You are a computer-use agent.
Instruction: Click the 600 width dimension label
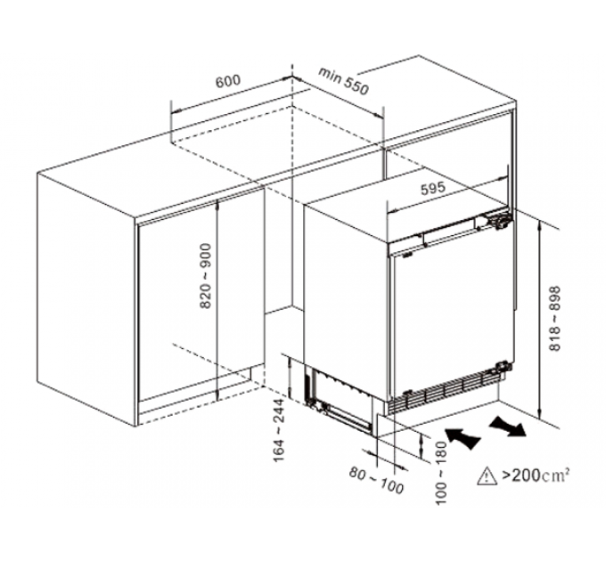point(228,81)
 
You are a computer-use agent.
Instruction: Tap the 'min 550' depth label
point(343,81)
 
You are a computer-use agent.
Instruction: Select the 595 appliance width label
point(433,189)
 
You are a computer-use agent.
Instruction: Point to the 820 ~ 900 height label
point(206,276)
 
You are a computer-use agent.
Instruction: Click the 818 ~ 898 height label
point(554,319)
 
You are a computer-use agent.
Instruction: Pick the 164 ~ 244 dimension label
point(279,430)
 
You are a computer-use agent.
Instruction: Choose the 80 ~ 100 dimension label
point(376,480)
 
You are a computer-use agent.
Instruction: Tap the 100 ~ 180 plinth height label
point(441,473)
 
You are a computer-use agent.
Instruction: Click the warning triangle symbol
point(487,476)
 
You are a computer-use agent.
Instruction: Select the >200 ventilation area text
point(520,476)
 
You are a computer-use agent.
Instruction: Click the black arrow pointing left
point(463,438)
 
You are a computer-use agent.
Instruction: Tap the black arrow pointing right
point(508,426)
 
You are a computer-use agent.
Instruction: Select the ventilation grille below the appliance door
point(445,393)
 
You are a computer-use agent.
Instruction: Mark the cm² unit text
point(555,475)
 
